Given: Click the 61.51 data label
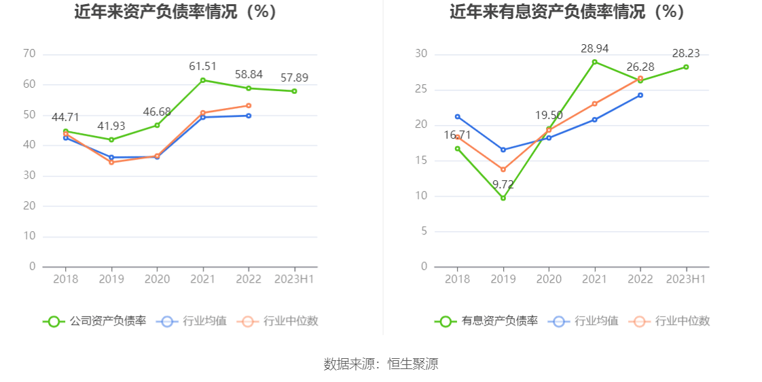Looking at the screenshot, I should tap(202, 66).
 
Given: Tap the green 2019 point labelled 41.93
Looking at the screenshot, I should tap(111, 139).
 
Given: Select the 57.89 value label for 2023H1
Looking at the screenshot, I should tap(294, 77).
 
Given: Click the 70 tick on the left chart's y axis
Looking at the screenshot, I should tap(29, 54).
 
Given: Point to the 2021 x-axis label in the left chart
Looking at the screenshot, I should tap(202, 279).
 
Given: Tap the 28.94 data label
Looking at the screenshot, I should tap(594, 48).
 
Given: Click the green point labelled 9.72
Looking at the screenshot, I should tap(503, 198).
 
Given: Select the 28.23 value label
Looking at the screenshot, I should tap(686, 53).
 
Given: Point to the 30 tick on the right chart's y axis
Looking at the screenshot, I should tap(422, 54).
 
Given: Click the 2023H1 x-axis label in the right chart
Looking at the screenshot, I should tap(686, 279).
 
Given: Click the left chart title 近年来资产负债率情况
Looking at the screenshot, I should tap(175, 12).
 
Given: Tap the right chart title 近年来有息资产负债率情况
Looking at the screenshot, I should tap(566, 12).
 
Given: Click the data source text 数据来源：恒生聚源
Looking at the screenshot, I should tap(381, 364).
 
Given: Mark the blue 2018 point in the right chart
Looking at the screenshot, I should tap(457, 116).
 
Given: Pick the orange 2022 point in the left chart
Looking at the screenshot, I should tap(249, 105).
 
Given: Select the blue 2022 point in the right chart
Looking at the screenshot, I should tap(640, 95).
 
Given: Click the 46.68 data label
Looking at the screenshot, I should tap(157, 111).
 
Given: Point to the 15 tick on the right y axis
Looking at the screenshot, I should tap(422, 160).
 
